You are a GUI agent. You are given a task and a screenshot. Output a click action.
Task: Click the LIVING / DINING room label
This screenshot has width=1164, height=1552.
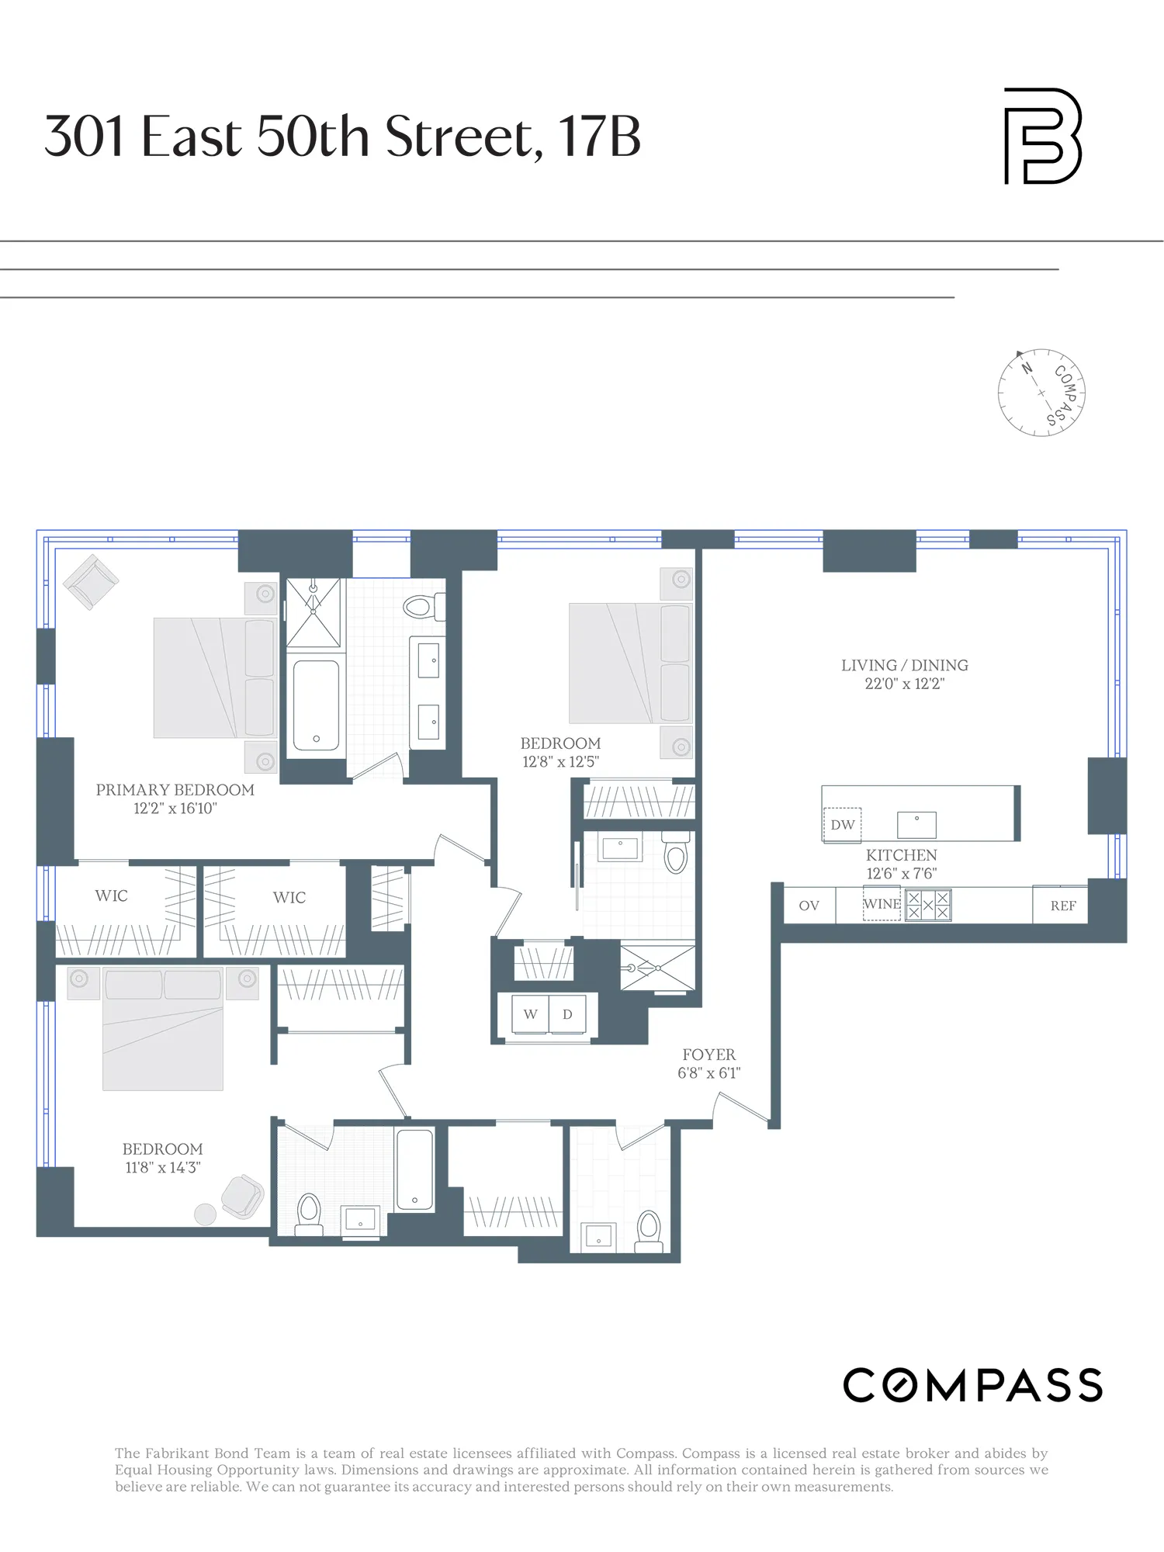(905, 665)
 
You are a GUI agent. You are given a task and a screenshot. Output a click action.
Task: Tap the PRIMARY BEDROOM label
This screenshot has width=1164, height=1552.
(175, 790)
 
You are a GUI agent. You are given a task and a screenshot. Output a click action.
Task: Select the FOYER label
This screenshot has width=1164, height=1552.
(708, 1055)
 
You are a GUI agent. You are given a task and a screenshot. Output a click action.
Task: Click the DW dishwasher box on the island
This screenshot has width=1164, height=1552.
(842, 825)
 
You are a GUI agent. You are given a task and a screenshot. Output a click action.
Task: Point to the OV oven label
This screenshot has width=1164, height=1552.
(809, 906)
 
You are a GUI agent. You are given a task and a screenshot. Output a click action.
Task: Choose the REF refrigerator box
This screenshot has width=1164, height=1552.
(1062, 906)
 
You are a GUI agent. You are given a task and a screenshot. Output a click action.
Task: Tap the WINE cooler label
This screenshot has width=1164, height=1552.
(882, 905)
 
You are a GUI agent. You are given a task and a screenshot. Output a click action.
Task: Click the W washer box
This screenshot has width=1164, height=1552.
(531, 1014)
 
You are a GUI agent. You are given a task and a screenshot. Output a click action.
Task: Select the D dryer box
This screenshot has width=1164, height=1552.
(567, 1014)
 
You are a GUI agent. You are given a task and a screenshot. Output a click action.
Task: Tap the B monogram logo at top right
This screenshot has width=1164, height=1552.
(1042, 137)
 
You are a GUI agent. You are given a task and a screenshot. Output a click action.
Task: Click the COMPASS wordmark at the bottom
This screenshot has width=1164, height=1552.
(972, 1386)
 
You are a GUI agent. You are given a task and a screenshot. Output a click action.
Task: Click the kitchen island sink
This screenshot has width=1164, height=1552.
(916, 825)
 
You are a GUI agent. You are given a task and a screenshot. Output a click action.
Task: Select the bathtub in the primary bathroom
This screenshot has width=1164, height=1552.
(316, 705)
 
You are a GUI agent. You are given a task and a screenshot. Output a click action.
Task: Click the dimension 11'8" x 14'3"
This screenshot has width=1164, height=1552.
(163, 1167)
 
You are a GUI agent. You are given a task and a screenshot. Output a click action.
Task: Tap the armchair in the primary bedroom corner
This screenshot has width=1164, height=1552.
(91, 582)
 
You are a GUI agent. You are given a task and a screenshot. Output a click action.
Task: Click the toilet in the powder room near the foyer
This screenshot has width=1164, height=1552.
(649, 1228)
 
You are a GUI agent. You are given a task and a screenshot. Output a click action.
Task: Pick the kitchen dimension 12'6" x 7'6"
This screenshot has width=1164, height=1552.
(901, 874)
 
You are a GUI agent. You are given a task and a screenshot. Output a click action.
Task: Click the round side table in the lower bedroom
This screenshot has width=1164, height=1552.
(205, 1214)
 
